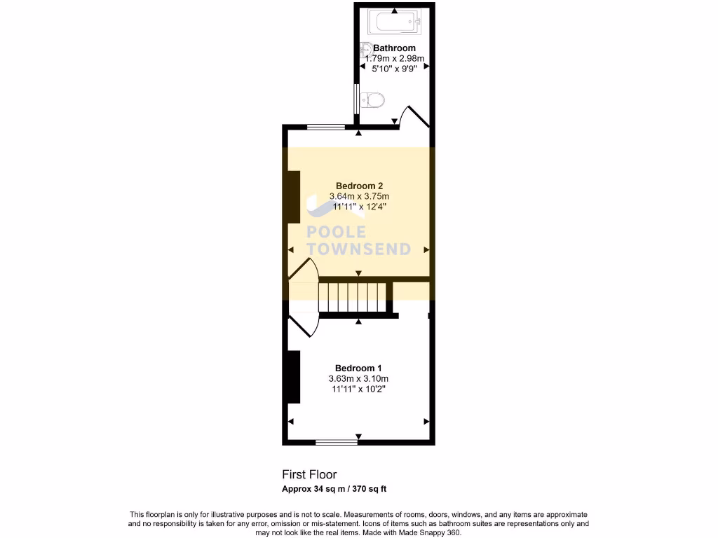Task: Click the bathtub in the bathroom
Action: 397,22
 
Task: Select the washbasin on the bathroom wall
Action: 367,50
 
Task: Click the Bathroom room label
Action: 394,48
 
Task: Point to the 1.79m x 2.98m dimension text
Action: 394,59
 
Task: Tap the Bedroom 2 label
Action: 358,186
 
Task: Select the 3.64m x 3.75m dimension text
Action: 358,196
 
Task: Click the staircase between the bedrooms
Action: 353,297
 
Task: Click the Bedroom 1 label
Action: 358,368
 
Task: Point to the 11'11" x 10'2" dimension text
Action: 358,389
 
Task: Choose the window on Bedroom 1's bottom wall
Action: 337,442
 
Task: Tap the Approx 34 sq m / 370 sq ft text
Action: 334,488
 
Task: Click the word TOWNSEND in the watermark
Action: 359,249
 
